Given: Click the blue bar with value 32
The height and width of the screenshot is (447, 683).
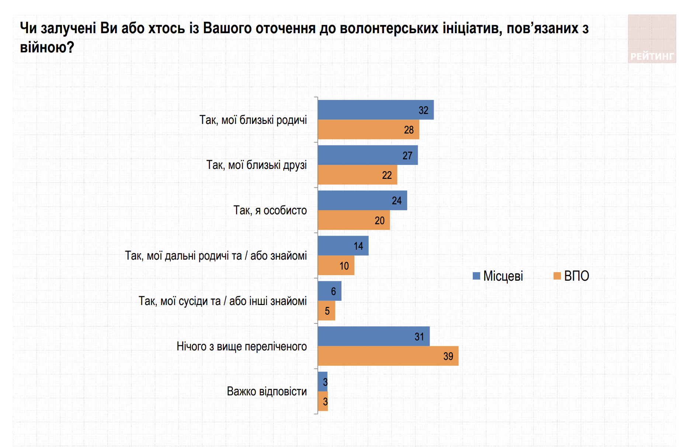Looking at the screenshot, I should point(375,110).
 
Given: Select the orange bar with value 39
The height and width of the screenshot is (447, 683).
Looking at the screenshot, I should point(388,356).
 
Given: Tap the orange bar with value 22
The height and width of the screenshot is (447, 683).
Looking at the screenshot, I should point(357,175).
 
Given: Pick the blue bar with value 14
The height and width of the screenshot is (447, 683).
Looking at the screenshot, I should point(343,246).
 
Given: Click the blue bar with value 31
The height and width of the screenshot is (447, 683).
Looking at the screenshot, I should point(374,336).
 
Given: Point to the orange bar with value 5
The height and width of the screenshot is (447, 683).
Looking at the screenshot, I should point(326,311).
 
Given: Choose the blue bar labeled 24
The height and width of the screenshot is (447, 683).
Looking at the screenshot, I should point(362,201).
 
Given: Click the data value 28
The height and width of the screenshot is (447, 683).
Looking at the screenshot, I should point(409,130).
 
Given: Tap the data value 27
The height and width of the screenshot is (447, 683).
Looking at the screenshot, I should point(407,156).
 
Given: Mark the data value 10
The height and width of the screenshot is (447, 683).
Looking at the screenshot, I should point(344,266).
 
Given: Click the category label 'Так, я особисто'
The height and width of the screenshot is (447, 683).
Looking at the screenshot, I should point(270,210).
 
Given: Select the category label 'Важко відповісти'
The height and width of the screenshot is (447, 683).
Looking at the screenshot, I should point(267,391).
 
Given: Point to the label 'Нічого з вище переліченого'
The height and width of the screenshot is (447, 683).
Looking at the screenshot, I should point(242,346).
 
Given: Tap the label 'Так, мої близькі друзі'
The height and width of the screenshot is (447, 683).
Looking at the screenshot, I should point(256,165).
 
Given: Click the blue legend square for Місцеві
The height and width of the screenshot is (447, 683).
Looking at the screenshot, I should point(476,276).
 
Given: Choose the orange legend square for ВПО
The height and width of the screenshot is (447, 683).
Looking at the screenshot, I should point(557,276).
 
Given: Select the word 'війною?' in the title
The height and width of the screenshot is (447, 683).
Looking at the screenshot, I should point(47,47).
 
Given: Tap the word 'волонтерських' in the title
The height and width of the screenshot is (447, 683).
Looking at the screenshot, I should point(389,28).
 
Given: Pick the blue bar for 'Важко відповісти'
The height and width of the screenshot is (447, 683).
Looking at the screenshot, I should point(322,382).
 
